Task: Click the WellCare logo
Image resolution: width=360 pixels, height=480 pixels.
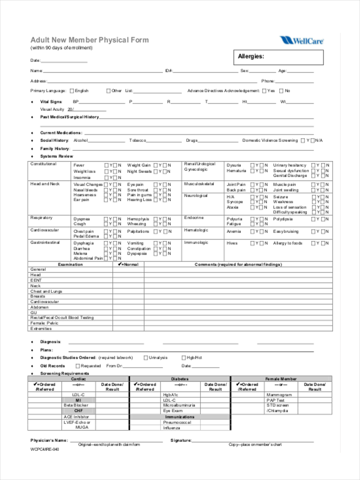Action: coord(302,40)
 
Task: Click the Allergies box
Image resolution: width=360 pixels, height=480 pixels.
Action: coord(278,57)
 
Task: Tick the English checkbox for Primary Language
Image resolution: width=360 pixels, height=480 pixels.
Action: coord(72,91)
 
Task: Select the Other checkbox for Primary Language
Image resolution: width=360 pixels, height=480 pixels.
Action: coord(108,91)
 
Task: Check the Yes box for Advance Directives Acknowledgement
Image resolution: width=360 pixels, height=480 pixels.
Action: coord(264,91)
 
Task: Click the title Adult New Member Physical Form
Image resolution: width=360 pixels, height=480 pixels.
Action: coord(90,40)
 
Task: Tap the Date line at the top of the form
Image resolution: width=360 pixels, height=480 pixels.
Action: coord(64,61)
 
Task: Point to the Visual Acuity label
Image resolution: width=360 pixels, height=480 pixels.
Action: coord(52,109)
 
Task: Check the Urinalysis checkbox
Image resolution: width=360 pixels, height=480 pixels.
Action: coord(146,358)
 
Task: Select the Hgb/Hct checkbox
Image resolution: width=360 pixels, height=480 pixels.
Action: coord(184,358)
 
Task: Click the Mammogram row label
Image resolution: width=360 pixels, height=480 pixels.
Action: coord(279,395)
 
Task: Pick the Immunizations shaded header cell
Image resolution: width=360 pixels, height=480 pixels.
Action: coord(180,416)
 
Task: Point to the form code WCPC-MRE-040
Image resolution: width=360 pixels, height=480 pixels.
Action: coord(45,449)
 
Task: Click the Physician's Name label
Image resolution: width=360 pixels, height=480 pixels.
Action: coord(49,440)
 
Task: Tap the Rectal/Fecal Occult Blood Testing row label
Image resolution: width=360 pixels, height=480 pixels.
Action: coord(62,318)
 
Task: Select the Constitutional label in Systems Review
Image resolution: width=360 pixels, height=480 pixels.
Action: coord(44,164)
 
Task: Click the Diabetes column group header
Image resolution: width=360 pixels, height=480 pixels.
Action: coord(180,379)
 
